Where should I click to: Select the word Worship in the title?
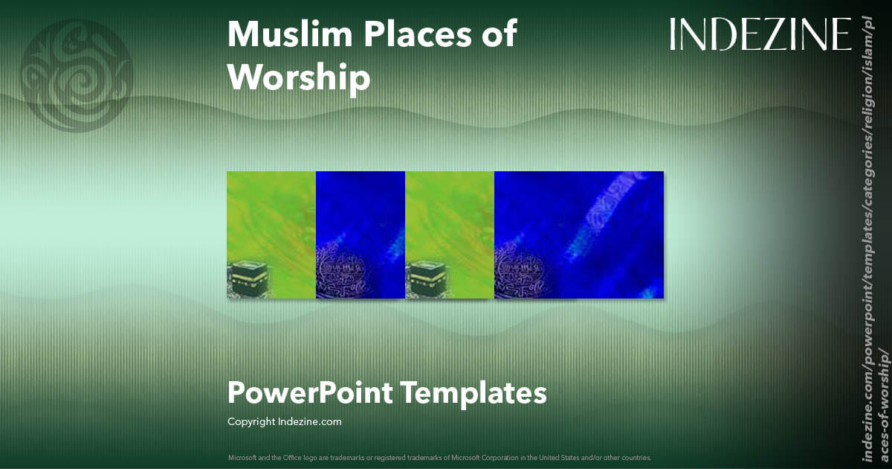point(298,77)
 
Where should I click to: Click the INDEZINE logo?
point(760,34)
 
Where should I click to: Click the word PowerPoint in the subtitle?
point(309,392)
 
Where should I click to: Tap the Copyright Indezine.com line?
point(284,421)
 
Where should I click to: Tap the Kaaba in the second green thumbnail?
point(426,279)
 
